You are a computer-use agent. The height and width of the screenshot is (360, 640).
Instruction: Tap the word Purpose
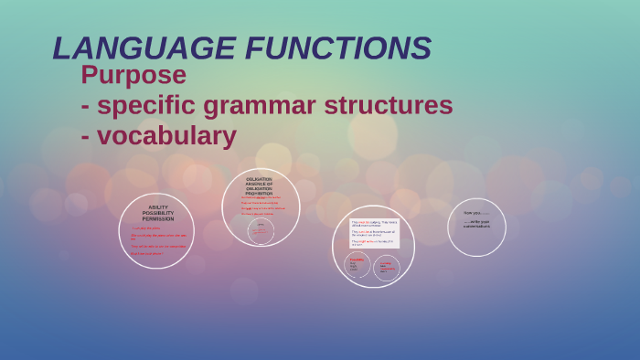[x=133, y=75]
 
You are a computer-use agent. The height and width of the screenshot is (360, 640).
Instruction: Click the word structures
[x=397, y=105]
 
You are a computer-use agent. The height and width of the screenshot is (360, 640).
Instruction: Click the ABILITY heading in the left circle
[x=157, y=207]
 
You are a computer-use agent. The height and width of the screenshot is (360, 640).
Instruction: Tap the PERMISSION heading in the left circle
[x=157, y=219]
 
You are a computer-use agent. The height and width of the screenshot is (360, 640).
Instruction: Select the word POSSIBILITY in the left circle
[x=157, y=213]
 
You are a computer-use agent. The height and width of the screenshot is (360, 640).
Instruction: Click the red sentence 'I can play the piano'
[x=146, y=228]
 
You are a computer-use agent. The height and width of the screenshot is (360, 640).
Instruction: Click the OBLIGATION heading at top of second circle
[x=260, y=179]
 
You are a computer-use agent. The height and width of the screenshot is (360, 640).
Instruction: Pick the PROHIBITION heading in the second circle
[x=260, y=193]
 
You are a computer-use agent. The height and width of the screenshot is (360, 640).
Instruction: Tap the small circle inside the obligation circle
[x=261, y=231]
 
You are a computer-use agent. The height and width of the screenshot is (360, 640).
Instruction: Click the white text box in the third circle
[x=374, y=233]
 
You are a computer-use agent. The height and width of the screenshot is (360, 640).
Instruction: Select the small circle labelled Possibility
[x=357, y=267]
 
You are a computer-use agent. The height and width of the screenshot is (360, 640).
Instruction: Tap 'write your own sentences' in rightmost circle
[x=476, y=223]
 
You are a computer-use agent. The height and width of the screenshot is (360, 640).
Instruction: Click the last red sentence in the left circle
[x=146, y=254]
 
